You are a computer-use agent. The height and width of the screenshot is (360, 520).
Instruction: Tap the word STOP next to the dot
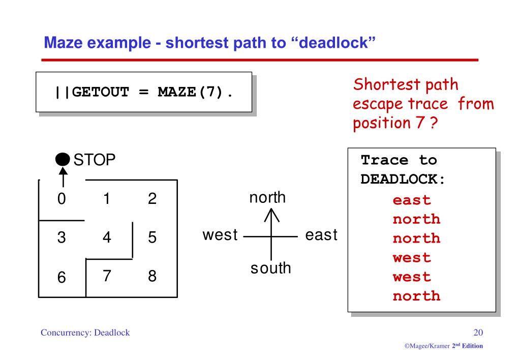tap(95, 161)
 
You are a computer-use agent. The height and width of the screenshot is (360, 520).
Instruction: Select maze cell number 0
tap(61, 199)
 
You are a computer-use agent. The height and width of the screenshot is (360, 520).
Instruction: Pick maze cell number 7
tap(107, 276)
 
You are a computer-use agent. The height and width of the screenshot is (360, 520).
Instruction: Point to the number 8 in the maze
tap(151, 276)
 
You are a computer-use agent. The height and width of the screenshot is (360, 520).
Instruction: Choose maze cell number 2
tap(151, 199)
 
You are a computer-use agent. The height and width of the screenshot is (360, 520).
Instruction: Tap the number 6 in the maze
tap(61, 278)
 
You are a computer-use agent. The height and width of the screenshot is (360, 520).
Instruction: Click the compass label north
tap(267, 198)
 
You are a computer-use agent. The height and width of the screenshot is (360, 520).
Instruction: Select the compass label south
tap(270, 267)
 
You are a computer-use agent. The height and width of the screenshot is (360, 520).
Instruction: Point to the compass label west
tap(220, 235)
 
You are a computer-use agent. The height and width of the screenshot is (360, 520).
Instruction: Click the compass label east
tap(321, 235)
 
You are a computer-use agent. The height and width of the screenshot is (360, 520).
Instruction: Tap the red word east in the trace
tap(411, 200)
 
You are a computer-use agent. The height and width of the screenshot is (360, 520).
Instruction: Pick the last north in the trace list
tap(416, 296)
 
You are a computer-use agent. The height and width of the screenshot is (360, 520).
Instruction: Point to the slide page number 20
tap(478, 333)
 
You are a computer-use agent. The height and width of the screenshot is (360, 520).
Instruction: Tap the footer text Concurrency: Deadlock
tap(85, 333)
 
